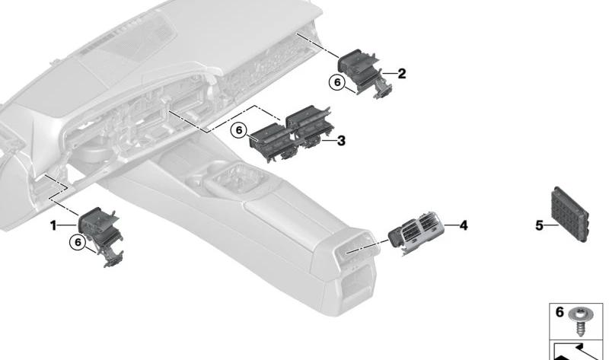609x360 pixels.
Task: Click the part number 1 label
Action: point(53,225)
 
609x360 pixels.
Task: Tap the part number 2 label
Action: point(402,73)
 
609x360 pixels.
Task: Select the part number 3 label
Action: point(341,141)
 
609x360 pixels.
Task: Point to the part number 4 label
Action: point(464,225)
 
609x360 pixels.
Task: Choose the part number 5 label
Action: point(539,225)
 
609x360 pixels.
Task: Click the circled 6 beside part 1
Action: point(78,242)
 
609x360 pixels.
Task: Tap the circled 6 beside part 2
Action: point(336,82)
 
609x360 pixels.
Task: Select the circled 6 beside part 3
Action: point(239,130)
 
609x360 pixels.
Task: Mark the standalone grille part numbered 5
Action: point(569,214)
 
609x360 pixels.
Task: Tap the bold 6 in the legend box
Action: point(560,312)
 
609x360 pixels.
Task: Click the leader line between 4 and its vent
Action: point(451,225)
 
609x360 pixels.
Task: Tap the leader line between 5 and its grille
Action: point(551,225)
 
